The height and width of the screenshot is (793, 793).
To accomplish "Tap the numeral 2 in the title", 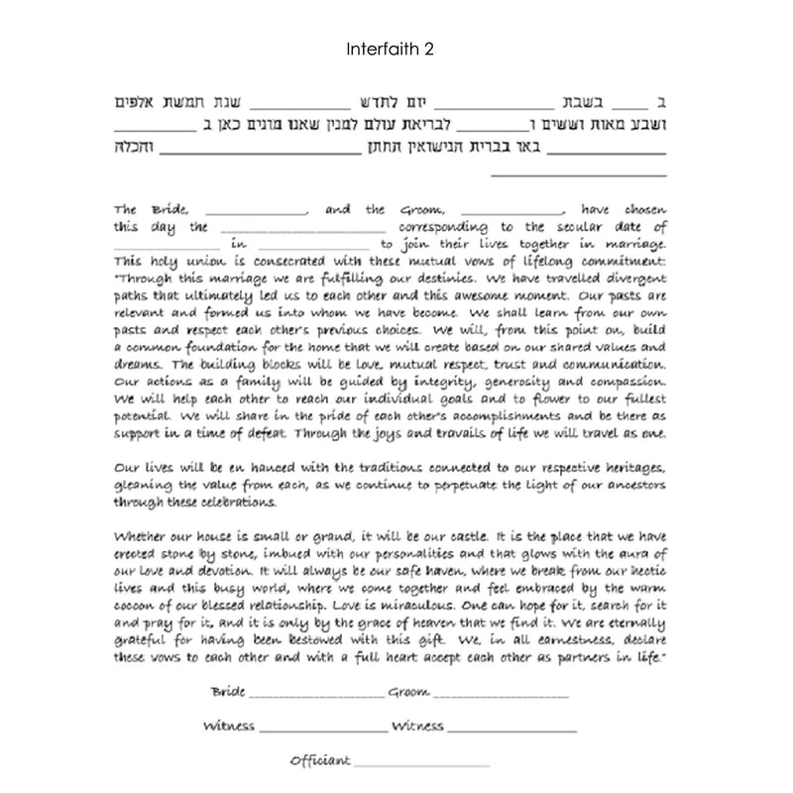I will click(428, 47).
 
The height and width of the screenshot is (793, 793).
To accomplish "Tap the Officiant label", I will click(319, 760).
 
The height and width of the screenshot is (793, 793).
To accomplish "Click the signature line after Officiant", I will click(421, 764).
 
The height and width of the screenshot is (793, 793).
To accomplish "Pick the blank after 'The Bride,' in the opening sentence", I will click(259, 213).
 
